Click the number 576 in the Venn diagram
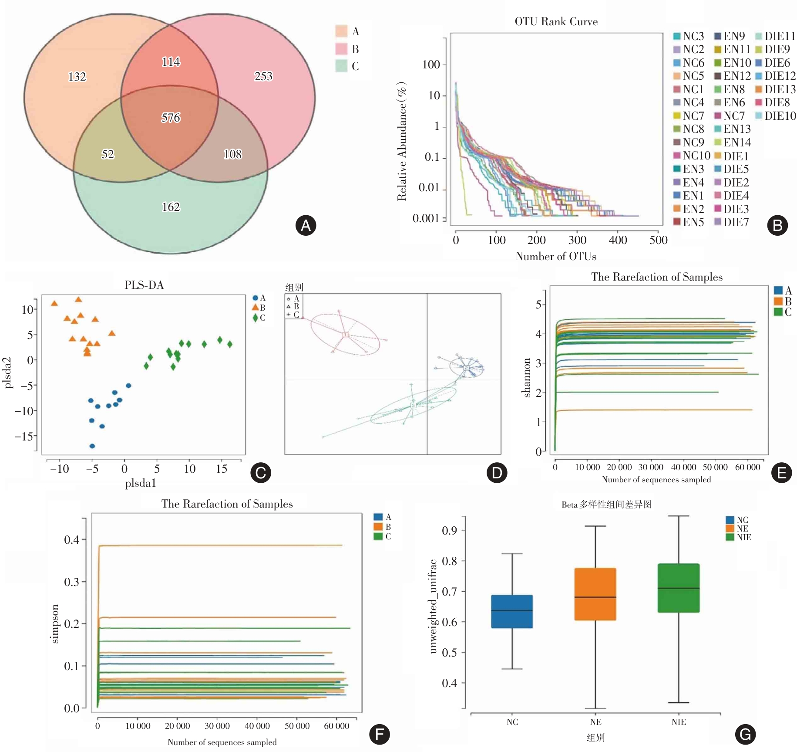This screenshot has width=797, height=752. click(171, 118)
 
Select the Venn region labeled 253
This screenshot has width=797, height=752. click(263, 76)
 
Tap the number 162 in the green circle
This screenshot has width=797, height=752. click(171, 207)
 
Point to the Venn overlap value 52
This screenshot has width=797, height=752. click(108, 154)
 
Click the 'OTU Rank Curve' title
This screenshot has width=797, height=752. click(556, 22)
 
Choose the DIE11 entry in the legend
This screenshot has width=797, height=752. click(780, 36)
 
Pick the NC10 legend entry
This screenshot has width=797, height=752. click(696, 156)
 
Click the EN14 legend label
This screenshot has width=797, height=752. click(737, 142)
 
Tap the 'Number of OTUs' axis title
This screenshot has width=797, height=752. click(556, 256)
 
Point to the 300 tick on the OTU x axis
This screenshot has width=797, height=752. click(577, 240)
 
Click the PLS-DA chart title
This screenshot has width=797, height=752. click(144, 285)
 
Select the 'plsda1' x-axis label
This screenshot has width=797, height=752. click(140, 483)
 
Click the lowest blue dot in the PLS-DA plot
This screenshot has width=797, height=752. click(92, 446)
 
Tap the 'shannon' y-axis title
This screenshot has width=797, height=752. click(526, 378)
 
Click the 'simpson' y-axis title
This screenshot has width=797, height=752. click(54, 624)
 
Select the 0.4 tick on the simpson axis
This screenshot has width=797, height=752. click(72, 540)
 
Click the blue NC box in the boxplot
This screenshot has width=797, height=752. click(512, 611)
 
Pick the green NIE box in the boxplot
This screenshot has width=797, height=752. click(679, 588)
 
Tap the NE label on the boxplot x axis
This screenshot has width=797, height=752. click(595, 722)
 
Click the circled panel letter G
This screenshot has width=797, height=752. click(745, 735)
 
